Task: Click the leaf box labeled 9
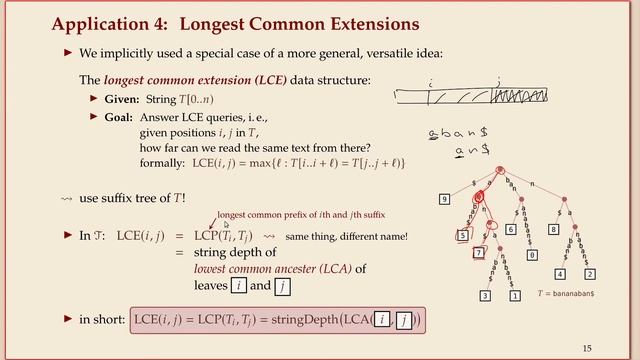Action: point(445,200)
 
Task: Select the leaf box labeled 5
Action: point(463,235)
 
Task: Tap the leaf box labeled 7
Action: point(478,253)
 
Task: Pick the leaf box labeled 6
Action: point(510,229)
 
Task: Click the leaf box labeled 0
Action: point(532,255)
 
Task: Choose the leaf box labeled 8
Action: point(553,229)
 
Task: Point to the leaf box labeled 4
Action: point(560,273)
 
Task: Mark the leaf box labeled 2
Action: point(590,273)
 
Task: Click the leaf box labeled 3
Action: point(486,295)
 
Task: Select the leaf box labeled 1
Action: point(516,295)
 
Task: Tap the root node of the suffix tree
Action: point(499,170)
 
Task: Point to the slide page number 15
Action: point(587,347)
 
